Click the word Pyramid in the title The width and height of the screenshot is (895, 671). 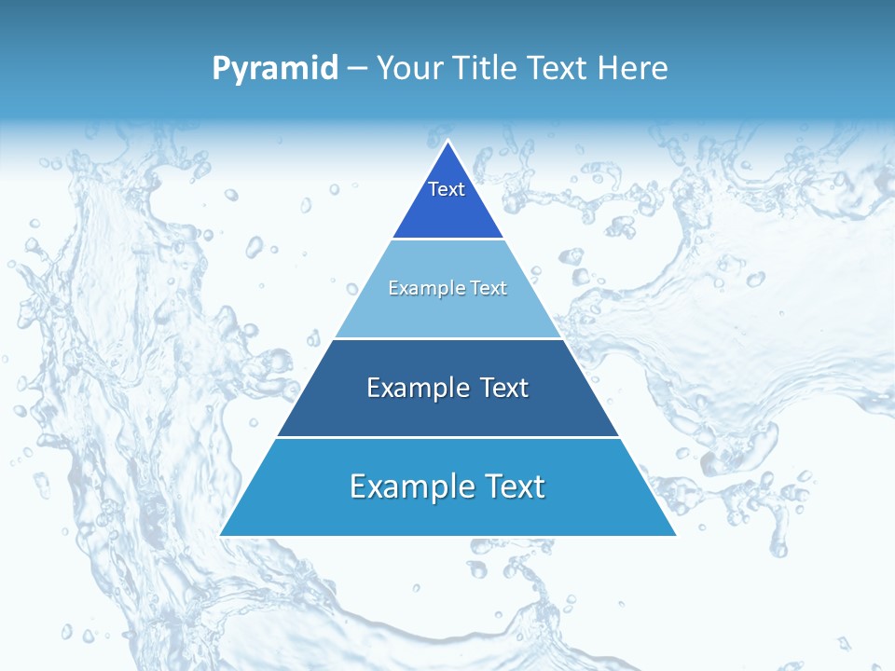tap(275, 69)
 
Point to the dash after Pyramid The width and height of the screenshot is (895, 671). tap(357, 69)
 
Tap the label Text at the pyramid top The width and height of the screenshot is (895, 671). tap(447, 189)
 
